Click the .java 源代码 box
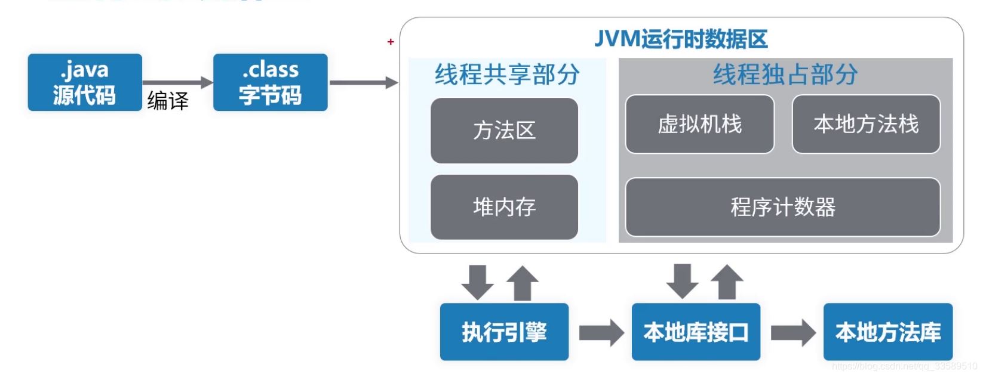[x=85, y=82]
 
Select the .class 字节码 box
[x=270, y=82]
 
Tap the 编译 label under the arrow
[x=168, y=100]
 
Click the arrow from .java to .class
[x=177, y=82]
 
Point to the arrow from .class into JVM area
[x=363, y=82]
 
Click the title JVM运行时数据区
[x=681, y=39]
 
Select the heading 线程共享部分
[x=507, y=75]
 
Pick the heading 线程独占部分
[x=785, y=75]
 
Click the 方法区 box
[x=504, y=130]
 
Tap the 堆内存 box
[x=504, y=207]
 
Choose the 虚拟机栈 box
[x=699, y=124]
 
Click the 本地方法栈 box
[x=865, y=124]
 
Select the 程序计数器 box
[x=782, y=207]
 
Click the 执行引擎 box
[x=504, y=332]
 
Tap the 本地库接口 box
[x=696, y=332]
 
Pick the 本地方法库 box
[x=887, y=332]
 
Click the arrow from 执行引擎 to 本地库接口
[x=601, y=332]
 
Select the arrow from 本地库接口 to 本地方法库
[x=792, y=332]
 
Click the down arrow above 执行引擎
[x=477, y=282]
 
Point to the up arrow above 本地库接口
[x=727, y=282]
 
